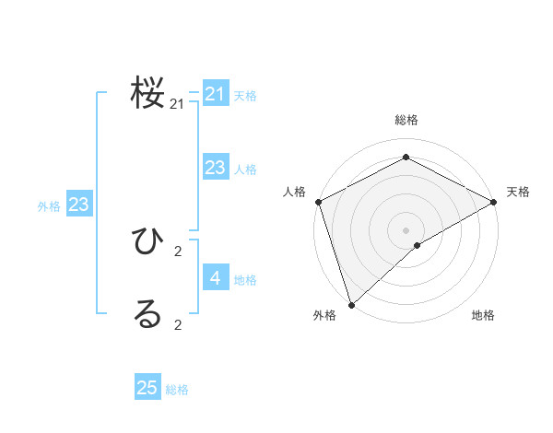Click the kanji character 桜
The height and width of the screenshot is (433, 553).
pyautogui.click(x=148, y=93)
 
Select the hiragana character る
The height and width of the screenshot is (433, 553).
pyautogui.click(x=148, y=314)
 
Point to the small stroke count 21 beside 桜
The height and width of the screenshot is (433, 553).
pyautogui.click(x=177, y=105)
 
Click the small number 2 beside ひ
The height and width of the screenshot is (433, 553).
pyautogui.click(x=178, y=252)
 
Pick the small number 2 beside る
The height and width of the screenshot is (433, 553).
pyautogui.click(x=178, y=324)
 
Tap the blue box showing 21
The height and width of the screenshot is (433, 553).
pyautogui.click(x=215, y=94)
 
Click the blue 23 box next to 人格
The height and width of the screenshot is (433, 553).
pyautogui.click(x=215, y=168)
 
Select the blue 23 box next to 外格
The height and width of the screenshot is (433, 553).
pyautogui.click(x=78, y=205)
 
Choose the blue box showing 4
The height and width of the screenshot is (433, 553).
pyautogui.click(x=215, y=277)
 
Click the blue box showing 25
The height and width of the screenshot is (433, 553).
pyautogui.click(x=147, y=388)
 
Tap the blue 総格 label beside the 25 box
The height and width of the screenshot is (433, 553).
pyautogui.click(x=178, y=390)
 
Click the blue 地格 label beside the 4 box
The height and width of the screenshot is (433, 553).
pyautogui.click(x=246, y=280)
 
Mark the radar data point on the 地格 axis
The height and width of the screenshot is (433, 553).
pyautogui.click(x=418, y=245)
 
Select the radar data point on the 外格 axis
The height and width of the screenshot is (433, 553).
pyautogui.click(x=351, y=303)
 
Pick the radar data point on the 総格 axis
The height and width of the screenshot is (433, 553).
pyautogui.click(x=406, y=157)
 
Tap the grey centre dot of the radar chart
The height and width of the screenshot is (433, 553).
pyautogui.click(x=406, y=229)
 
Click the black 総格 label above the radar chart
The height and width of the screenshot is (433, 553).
pyautogui.click(x=406, y=120)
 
